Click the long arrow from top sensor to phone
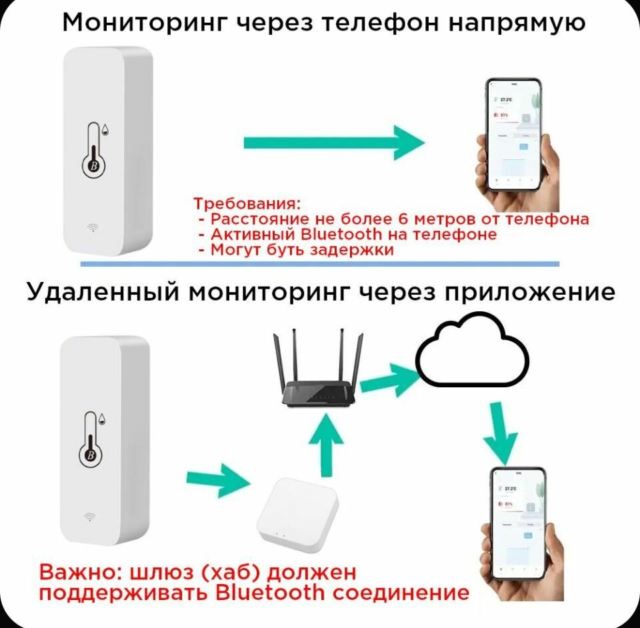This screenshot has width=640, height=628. [333, 142]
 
